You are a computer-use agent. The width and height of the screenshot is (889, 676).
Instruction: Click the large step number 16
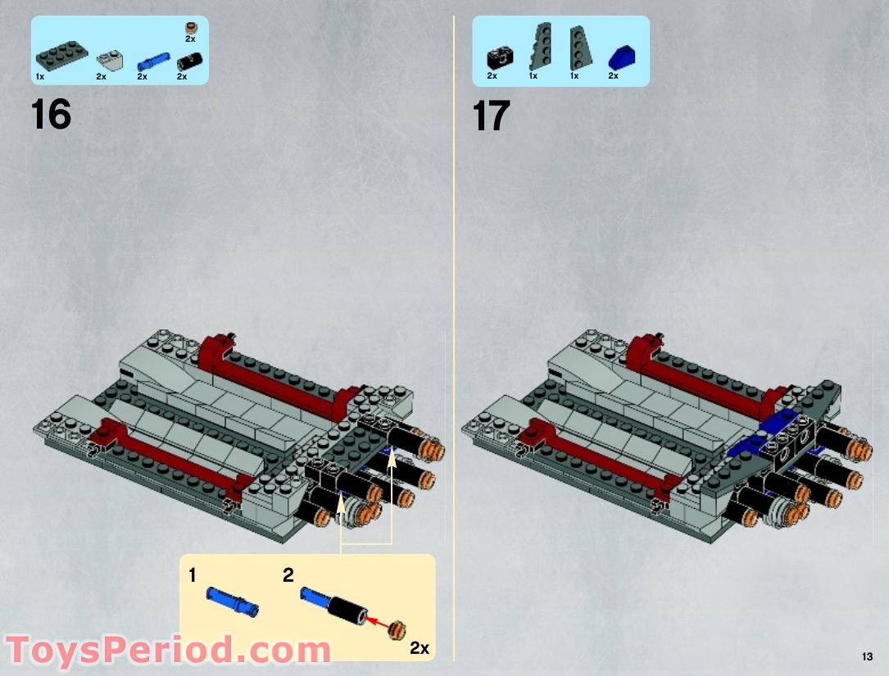pyautogui.click(x=51, y=115)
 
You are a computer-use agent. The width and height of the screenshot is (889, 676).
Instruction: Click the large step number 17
pyautogui.click(x=491, y=116)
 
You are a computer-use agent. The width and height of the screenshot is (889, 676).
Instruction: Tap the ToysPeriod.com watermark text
pyautogui.click(x=168, y=651)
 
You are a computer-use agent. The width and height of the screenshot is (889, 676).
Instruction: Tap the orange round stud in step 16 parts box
pyautogui.click(x=190, y=28)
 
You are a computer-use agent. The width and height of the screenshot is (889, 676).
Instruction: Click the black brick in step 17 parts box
pyautogui.click(x=498, y=57)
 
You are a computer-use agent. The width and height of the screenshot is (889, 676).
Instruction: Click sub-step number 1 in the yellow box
pyautogui.click(x=193, y=575)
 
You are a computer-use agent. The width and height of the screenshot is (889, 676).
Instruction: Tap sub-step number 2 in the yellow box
pyautogui.click(x=288, y=575)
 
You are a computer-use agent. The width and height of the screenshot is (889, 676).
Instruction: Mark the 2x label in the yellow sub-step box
pyautogui.click(x=419, y=647)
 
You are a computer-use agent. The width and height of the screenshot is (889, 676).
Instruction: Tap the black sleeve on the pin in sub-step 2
pyautogui.click(x=346, y=611)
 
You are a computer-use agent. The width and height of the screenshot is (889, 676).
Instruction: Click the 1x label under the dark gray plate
pyautogui.click(x=39, y=76)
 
